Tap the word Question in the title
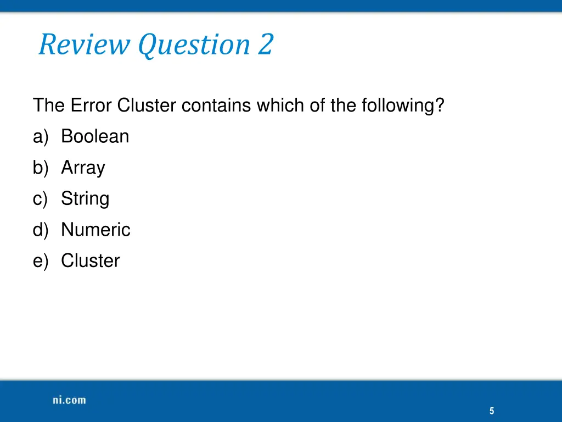(195, 45)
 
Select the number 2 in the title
(265, 45)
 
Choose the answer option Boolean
(95, 136)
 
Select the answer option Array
(83, 168)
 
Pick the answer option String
(85, 199)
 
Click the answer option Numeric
(95, 230)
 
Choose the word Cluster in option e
(90, 260)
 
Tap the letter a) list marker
(41, 136)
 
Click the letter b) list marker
(41, 168)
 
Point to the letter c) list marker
(41, 199)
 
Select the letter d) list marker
(41, 230)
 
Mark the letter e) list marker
(41, 260)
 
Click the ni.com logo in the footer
(69, 400)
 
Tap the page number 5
(492, 411)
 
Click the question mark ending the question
(439, 105)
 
